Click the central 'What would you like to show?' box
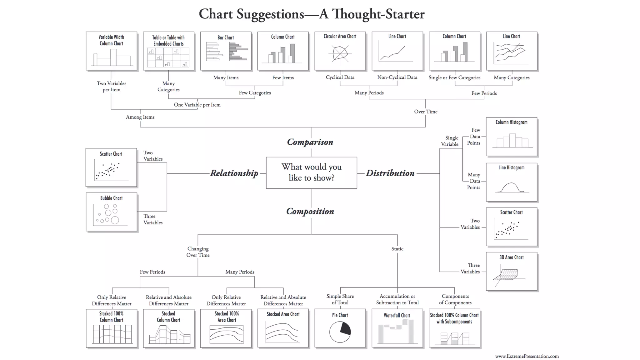click(311, 172)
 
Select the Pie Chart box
click(340, 328)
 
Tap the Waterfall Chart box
click(397, 328)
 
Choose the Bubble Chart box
click(111, 212)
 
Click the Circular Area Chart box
click(340, 51)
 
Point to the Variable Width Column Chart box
click(111, 51)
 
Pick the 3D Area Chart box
click(512, 271)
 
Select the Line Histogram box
click(512, 182)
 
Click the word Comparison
click(310, 142)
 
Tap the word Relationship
click(234, 173)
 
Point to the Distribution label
click(390, 173)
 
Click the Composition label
click(310, 211)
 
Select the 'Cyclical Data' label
click(340, 77)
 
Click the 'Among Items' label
click(140, 117)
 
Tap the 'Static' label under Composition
click(397, 249)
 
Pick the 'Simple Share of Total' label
click(340, 299)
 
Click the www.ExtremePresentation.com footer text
click(527, 356)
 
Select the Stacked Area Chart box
click(283, 328)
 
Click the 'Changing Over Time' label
click(198, 252)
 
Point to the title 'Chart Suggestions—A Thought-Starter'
click(312, 14)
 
